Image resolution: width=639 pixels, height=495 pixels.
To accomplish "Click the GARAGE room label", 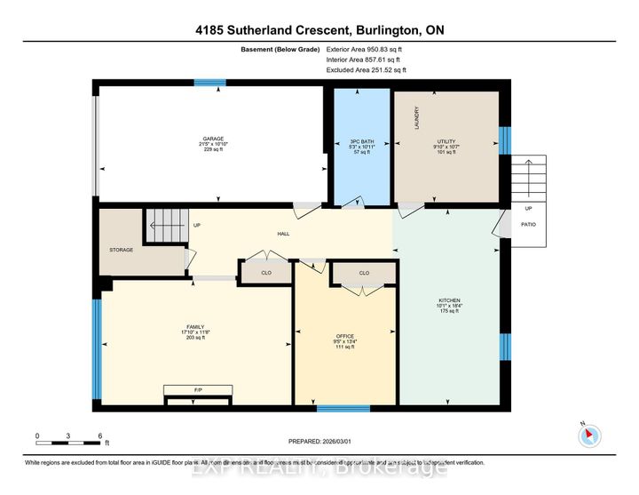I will [212, 139].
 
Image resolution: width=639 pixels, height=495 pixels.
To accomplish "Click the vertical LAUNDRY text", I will [415, 119].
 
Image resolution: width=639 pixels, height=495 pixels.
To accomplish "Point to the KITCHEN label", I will [447, 300].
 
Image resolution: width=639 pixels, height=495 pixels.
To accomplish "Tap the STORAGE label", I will [121, 250].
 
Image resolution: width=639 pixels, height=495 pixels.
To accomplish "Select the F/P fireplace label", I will [198, 389].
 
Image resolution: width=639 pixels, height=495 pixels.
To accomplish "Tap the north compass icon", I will [590, 435].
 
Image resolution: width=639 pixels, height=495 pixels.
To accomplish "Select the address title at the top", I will [319, 28].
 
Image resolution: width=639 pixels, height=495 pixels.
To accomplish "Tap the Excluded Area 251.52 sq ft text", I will [366, 69].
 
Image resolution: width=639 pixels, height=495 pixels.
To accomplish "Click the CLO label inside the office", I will [364, 273].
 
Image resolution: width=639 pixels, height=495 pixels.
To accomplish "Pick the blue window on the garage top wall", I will [210, 83].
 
